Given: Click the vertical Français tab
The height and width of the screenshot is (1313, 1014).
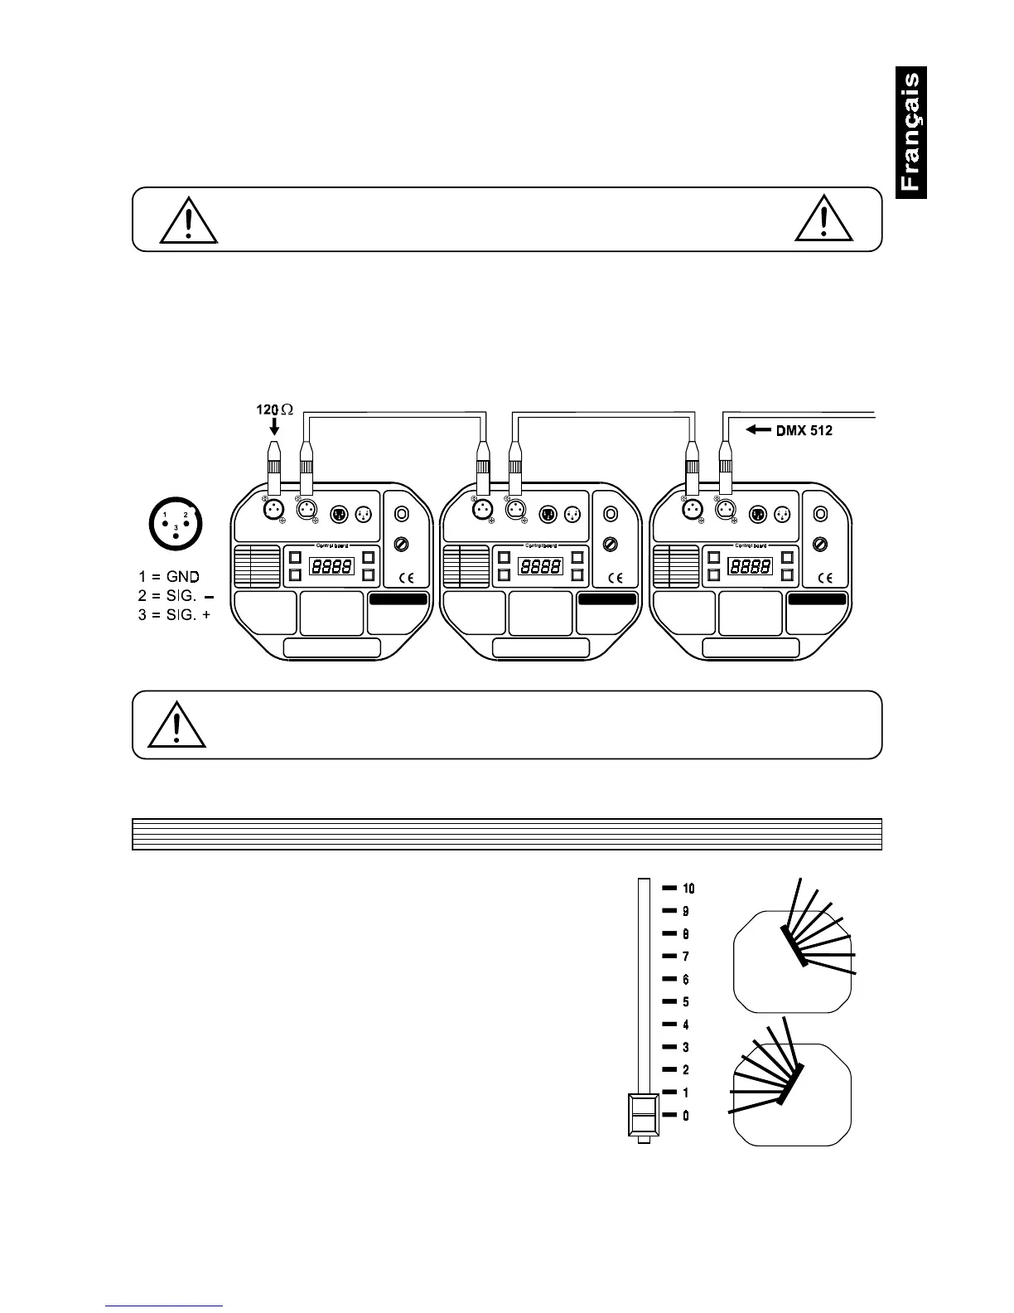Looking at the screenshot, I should click(x=910, y=133).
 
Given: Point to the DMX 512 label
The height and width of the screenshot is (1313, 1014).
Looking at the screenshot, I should click(x=804, y=430).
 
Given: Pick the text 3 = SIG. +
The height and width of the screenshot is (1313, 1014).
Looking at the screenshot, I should click(x=174, y=615).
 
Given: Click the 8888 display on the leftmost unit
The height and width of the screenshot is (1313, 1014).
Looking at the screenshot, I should click(x=331, y=567).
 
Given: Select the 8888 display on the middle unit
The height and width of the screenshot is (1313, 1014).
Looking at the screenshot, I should click(x=540, y=567).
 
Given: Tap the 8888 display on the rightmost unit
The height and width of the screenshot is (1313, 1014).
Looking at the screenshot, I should click(x=751, y=567).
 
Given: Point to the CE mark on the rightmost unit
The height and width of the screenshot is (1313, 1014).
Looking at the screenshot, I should click(x=825, y=578).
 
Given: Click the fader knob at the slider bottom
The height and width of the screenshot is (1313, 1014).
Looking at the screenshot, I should click(x=644, y=1114).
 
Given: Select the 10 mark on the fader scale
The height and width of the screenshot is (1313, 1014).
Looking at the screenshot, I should click(x=688, y=889).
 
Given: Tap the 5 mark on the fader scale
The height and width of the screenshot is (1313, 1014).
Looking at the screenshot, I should click(x=685, y=1002).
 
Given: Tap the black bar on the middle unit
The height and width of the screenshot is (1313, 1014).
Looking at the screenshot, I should click(x=608, y=599).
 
